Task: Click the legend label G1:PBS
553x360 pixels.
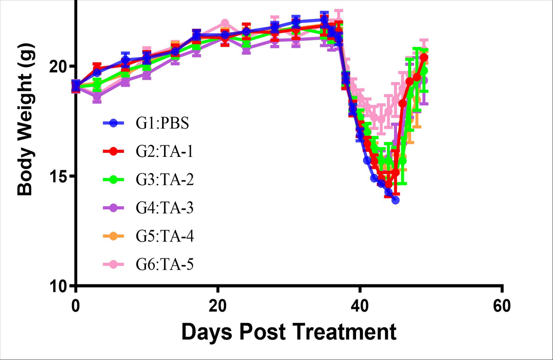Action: point(162,123)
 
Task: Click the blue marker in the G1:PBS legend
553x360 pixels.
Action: point(114,123)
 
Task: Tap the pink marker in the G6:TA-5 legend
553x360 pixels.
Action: point(114,264)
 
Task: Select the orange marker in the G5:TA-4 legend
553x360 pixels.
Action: point(114,236)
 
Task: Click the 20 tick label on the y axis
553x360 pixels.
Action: point(61,66)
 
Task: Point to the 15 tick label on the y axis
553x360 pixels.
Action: point(61,176)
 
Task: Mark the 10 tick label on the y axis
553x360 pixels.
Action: point(61,286)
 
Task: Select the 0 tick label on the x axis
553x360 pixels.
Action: point(76,306)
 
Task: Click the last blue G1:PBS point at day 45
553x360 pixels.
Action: point(395,200)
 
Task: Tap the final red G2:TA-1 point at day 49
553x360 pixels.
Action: point(424,57)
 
